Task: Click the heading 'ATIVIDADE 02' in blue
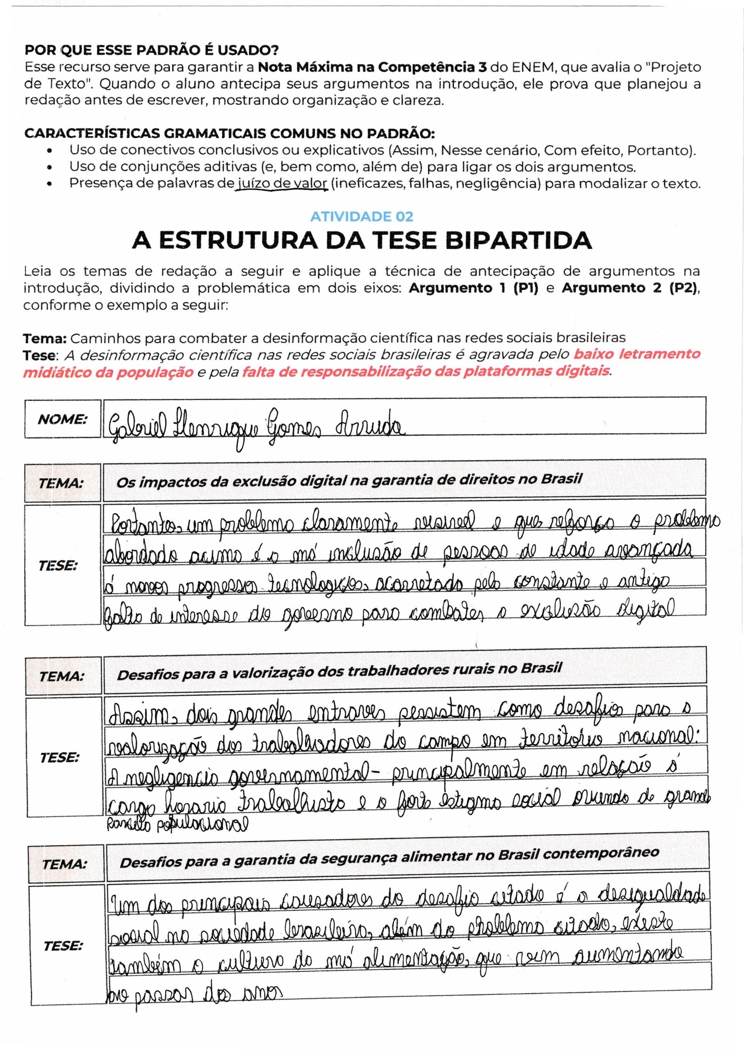[361, 217]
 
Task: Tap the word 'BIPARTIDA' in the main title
[518, 240]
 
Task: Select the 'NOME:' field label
[62, 419]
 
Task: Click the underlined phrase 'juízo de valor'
[282, 184]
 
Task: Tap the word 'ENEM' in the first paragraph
[534, 67]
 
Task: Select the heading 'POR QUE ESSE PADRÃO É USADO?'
[152, 50]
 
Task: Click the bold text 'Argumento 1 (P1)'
[473, 288]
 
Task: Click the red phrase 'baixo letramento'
[637, 354]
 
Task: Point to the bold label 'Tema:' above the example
[45, 338]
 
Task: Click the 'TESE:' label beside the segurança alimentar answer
[63, 946]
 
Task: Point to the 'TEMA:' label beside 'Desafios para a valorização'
[62, 676]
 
